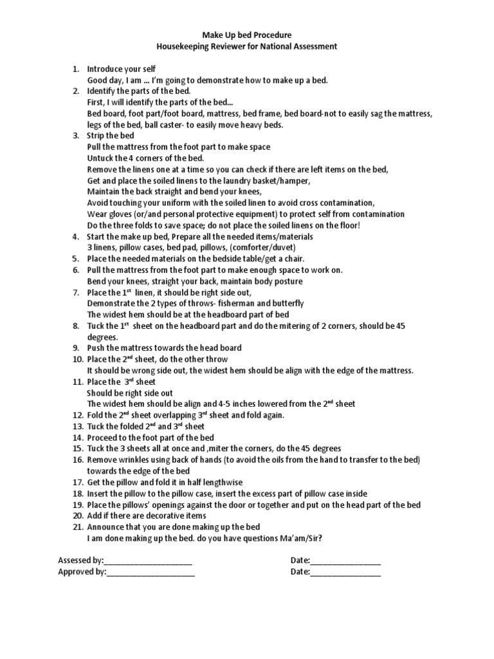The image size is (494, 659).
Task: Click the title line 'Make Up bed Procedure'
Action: click(x=248, y=35)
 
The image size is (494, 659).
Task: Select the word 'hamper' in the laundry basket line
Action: click(x=295, y=180)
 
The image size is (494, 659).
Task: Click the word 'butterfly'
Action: click(x=287, y=303)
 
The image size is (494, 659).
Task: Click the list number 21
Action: click(x=77, y=527)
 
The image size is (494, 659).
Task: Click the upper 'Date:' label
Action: click(x=300, y=560)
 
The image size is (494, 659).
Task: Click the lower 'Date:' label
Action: click(x=300, y=571)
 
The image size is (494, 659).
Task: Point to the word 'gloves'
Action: click(x=120, y=214)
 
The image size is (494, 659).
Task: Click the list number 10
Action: click(x=77, y=359)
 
